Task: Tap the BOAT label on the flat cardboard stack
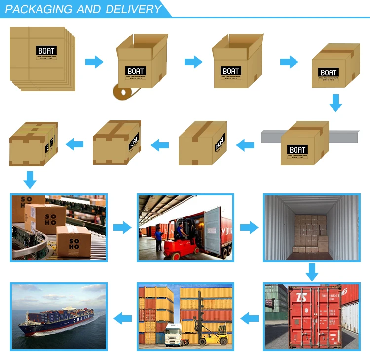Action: tap(47, 51)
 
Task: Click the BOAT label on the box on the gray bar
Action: tap(297, 150)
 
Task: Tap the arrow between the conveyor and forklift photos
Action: tap(122, 228)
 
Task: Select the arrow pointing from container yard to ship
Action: tap(122, 317)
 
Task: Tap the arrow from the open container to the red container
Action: tap(311, 272)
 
